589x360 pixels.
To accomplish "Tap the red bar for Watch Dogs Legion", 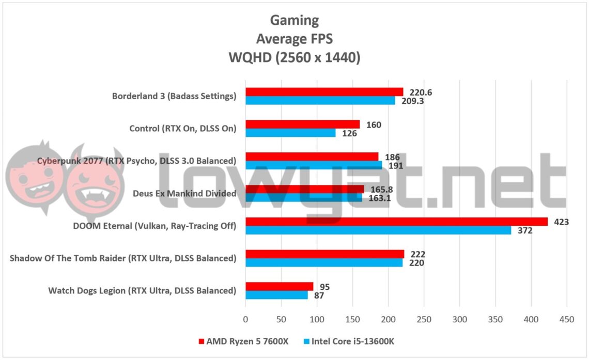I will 279,287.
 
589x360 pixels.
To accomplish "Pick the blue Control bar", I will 290,133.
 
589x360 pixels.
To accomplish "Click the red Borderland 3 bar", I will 324,92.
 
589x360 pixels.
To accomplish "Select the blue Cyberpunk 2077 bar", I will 314,165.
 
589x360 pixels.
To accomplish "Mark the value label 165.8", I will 380,190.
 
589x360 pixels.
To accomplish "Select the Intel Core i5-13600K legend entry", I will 348,341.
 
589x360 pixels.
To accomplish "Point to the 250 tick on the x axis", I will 424,320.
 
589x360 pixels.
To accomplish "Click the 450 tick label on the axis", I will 567,320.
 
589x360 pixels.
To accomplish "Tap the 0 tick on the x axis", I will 245,320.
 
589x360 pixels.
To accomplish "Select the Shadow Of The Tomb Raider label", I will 123,258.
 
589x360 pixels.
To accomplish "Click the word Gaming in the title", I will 295,21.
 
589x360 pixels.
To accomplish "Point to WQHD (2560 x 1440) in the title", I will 295,58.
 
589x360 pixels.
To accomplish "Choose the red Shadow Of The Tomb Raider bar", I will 324,254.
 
